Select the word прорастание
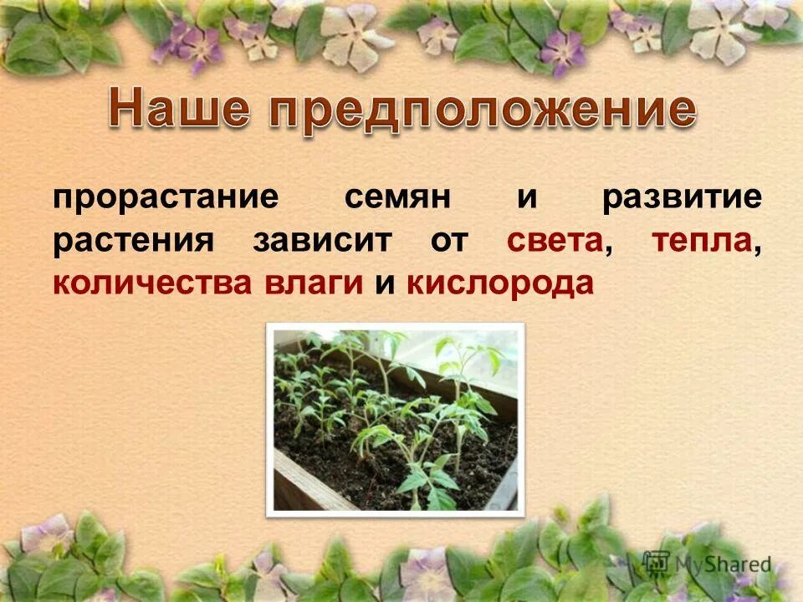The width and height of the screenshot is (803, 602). click(165, 198)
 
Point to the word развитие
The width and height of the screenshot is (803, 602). click(682, 198)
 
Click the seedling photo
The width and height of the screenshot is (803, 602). click(395, 418)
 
